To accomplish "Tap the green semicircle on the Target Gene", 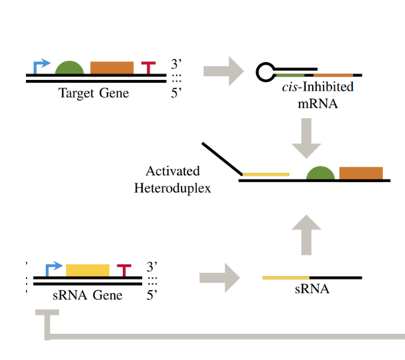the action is [70, 68].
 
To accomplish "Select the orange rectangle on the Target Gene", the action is [112, 68].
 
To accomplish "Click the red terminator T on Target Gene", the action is [149, 68].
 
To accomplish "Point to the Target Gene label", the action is [94, 93].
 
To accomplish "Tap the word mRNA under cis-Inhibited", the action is [318, 104].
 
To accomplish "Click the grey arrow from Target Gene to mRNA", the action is [224, 71].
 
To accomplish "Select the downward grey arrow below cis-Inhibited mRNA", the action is [306, 138].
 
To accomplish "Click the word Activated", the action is [173, 171].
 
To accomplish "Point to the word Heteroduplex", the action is [173, 188].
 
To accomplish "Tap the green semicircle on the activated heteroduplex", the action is [321, 173].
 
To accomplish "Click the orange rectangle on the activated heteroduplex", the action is [361, 173].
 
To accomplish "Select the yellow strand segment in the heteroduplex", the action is [265, 174].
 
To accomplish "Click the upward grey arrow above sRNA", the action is [306, 235].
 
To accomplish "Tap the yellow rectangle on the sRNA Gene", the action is [87, 270].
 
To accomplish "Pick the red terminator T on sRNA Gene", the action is [124, 270].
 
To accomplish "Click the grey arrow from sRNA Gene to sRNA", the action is [220, 278].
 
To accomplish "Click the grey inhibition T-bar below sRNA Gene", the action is [48, 325].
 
